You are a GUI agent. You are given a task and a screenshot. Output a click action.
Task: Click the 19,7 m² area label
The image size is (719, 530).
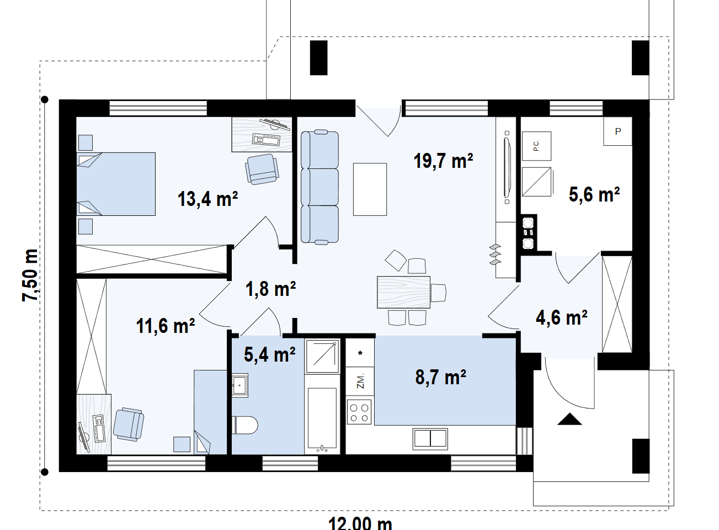443,161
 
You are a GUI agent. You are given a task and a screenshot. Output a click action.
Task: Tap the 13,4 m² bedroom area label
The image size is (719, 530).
207,199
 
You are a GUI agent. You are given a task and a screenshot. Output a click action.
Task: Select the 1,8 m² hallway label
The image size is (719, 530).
270,289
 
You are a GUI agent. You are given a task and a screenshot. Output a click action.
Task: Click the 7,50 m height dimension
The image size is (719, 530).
30,275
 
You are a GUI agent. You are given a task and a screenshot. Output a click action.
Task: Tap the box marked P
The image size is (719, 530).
618,131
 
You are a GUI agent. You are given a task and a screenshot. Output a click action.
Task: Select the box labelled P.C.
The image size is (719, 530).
536,146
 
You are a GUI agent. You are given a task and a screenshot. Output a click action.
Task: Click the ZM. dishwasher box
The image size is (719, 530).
360,381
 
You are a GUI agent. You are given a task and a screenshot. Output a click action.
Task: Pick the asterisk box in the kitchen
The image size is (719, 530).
360,353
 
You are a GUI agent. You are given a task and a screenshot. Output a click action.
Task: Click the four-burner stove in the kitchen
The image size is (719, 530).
359,412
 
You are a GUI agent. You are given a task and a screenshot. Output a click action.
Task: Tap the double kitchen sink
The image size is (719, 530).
430,439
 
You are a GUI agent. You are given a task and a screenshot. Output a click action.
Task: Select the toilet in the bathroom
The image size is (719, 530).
244,425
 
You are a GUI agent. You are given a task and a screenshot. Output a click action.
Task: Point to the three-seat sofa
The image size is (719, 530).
319,187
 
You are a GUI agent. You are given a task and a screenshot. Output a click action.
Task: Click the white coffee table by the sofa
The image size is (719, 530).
370,189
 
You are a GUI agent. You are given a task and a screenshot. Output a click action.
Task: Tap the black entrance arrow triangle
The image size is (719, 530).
569,420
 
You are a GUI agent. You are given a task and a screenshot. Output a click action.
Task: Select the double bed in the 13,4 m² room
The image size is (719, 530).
116,184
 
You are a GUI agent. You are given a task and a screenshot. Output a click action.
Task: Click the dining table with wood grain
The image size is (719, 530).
403,292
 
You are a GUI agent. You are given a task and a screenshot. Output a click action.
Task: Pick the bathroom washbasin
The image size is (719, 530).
240,385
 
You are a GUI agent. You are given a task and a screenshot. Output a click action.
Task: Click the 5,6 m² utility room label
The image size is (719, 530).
594,195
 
